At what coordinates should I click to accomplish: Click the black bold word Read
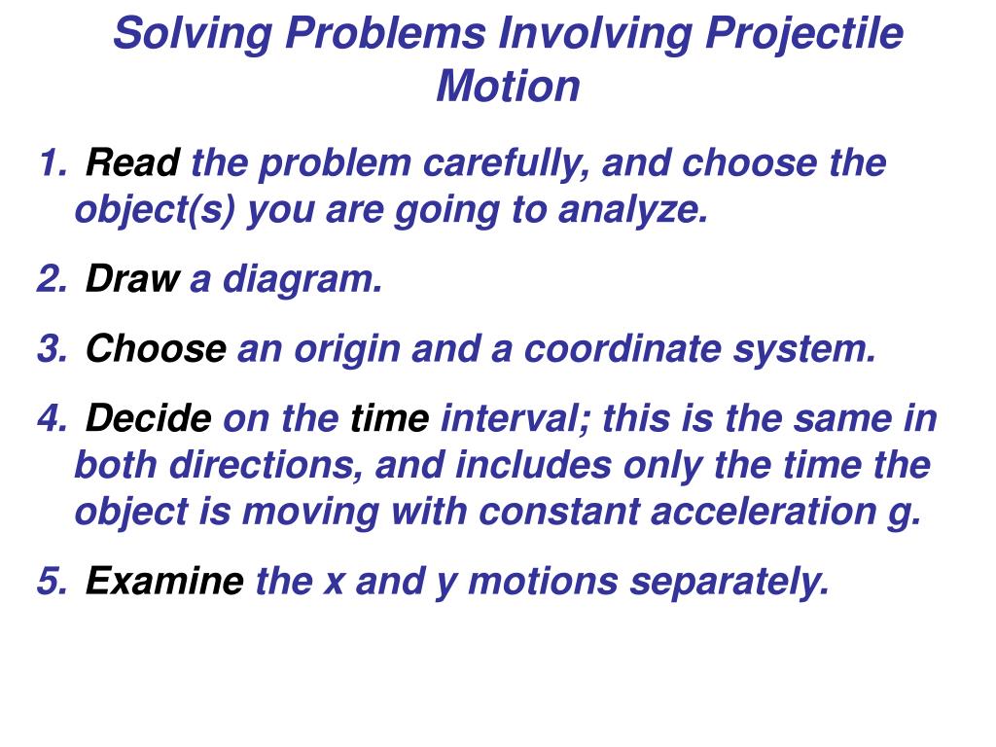click(132, 163)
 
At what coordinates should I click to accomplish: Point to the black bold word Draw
click(131, 280)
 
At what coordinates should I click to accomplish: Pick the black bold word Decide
click(148, 420)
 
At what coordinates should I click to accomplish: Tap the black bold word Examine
click(164, 582)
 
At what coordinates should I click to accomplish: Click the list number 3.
click(49, 350)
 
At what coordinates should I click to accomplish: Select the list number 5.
click(49, 582)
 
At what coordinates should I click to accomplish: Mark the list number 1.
click(49, 163)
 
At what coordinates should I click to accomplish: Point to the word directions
click(267, 466)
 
